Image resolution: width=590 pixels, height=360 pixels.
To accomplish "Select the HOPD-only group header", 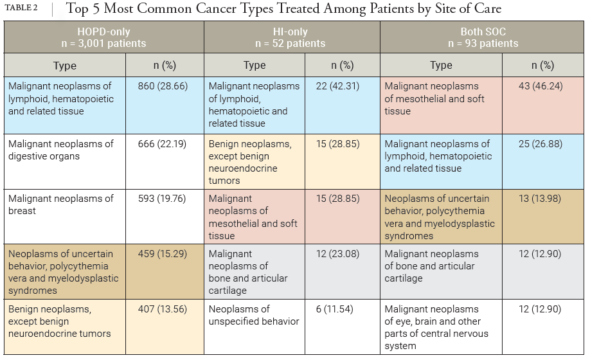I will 103,37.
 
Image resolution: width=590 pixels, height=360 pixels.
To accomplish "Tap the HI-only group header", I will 290,37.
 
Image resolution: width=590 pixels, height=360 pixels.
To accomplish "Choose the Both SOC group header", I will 483,37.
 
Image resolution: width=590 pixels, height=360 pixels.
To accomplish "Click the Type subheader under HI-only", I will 255,65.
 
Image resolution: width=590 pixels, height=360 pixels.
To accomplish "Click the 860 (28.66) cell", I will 162,86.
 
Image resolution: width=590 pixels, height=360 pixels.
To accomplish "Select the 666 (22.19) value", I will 162,143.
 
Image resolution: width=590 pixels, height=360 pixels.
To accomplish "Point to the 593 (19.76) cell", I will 162,199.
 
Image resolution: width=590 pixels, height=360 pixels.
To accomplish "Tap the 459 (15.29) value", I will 162,254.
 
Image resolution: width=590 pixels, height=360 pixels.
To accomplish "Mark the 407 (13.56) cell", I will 162,309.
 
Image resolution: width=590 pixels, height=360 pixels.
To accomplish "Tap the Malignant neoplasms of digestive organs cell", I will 61,150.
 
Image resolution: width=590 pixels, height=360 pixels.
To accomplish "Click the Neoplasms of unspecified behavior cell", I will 254,315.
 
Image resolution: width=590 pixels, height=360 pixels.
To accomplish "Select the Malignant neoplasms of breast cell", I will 61,204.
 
